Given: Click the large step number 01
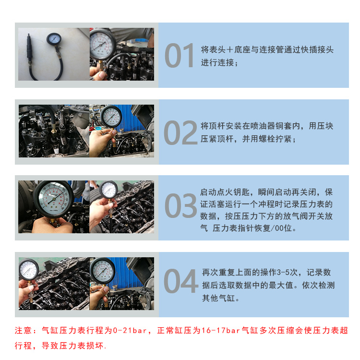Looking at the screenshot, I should pyautogui.click(x=180, y=56).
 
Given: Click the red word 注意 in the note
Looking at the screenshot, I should pyautogui.click(x=24, y=331).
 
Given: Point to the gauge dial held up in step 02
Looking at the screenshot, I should pyautogui.click(x=111, y=116).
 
